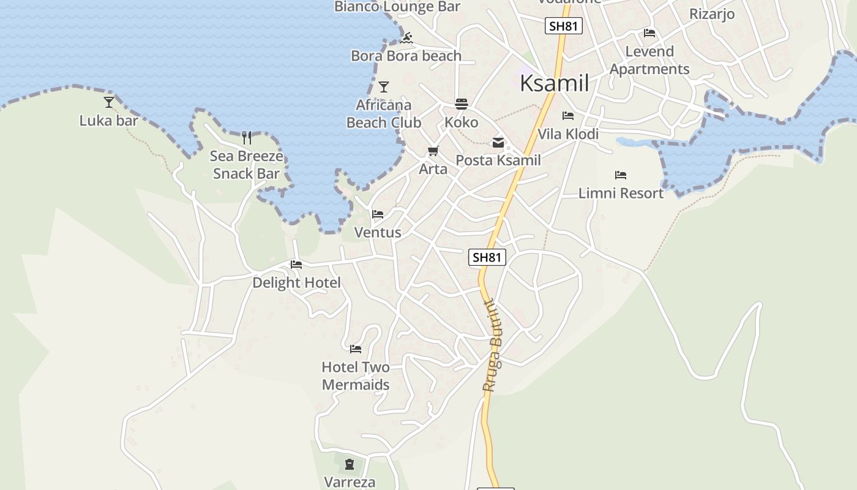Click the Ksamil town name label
click(x=554, y=83)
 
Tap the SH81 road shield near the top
click(x=563, y=26)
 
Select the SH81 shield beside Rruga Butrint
click(x=487, y=257)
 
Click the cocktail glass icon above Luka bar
click(x=109, y=102)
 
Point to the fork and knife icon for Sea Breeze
click(x=247, y=137)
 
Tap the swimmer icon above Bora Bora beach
click(x=407, y=38)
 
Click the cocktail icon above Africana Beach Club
click(x=384, y=86)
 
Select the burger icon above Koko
click(x=462, y=104)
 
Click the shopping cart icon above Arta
click(x=433, y=151)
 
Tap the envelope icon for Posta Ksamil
click(x=498, y=143)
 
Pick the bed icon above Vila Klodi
click(x=568, y=115)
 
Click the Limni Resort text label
click(x=621, y=193)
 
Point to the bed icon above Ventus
click(x=378, y=214)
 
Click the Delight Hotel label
click(x=296, y=282)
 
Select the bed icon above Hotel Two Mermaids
click(x=356, y=349)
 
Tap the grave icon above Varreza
click(x=349, y=464)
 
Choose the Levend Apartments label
click(x=649, y=60)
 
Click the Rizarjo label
click(x=711, y=13)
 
